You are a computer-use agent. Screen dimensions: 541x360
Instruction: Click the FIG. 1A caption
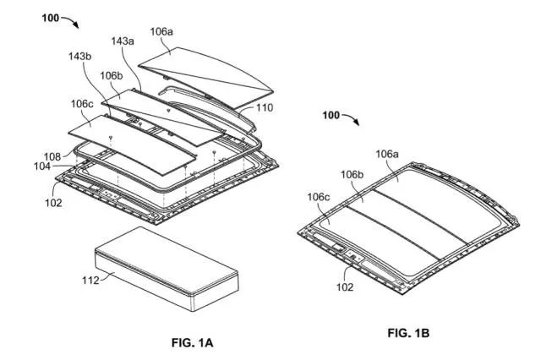click(192, 342)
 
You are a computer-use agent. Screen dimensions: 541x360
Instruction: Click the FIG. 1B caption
click(408, 333)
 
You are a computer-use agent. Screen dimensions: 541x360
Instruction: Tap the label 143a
click(123, 41)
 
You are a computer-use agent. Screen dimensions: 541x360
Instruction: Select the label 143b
click(79, 56)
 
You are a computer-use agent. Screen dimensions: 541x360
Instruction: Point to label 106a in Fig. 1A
click(161, 32)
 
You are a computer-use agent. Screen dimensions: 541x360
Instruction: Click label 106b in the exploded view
click(111, 75)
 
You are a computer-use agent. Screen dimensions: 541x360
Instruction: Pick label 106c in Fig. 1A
click(82, 103)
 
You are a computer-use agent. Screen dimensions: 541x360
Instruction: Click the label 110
click(265, 108)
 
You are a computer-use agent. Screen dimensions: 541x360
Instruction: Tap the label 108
click(52, 157)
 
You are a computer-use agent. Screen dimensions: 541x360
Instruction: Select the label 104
click(42, 166)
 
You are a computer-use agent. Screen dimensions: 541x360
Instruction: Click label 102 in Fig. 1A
click(53, 203)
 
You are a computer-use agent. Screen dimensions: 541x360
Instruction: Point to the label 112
click(90, 281)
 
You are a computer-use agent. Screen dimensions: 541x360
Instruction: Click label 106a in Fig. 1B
click(387, 154)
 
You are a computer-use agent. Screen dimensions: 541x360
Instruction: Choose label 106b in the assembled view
click(352, 175)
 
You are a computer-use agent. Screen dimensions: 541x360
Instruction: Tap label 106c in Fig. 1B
click(318, 197)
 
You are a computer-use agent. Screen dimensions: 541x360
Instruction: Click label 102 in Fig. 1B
click(345, 286)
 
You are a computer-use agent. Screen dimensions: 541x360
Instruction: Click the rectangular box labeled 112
click(167, 269)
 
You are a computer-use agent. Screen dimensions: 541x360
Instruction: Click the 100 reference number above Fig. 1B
click(331, 115)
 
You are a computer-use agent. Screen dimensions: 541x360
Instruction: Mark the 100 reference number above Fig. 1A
click(51, 18)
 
